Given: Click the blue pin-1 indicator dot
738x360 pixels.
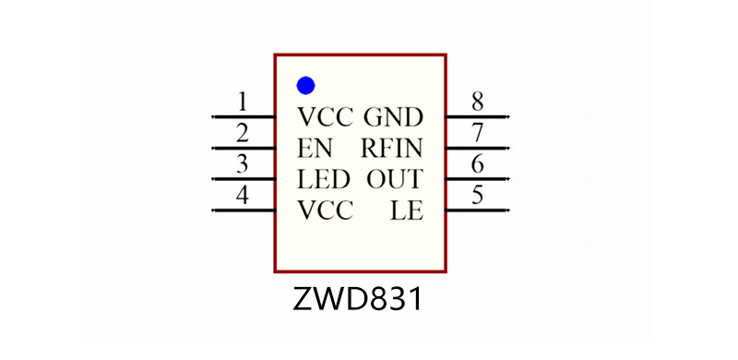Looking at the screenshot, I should point(305,86).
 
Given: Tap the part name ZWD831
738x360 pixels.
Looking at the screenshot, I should point(360,300).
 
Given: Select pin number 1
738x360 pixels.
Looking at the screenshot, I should point(242,101).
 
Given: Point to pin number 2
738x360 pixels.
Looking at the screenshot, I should point(242,132).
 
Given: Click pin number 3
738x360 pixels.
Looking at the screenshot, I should point(242,163).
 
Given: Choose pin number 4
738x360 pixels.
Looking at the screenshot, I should point(242,195).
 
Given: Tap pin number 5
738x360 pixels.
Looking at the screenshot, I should point(477,195).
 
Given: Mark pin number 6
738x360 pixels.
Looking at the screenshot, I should point(477,163).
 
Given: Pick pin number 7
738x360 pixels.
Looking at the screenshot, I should point(477,132).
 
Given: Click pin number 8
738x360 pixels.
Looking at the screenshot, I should point(477,101).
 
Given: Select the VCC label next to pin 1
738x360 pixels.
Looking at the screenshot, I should point(325,117).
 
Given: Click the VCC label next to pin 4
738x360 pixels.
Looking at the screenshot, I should point(325,211).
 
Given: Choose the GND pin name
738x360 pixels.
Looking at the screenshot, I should point(394,117).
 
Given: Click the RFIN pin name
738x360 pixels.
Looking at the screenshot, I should point(392,148).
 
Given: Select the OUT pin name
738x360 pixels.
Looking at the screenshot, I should point(395,179).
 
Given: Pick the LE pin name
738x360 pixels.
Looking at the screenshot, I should point(407,211).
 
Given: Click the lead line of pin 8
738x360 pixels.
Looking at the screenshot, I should point(477,117).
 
